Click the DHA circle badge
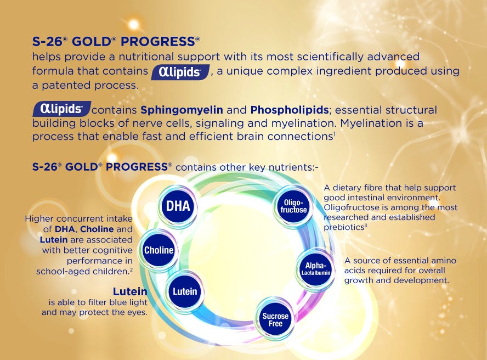pyautogui.click(x=178, y=206)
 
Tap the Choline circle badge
pyautogui.click(x=158, y=250)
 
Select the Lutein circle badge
pyautogui.click(x=185, y=291)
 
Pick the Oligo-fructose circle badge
pyautogui.click(x=293, y=206)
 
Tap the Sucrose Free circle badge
pyautogui.click(x=275, y=319)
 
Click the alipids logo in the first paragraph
pyautogui.click(x=180, y=72)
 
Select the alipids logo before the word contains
pyautogui.click(x=62, y=109)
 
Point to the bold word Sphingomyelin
pyautogui.click(x=182, y=110)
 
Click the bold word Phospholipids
pyautogui.click(x=290, y=110)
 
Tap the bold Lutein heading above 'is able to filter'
pyautogui.click(x=130, y=291)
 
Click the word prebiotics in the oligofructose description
pyautogui.click(x=344, y=227)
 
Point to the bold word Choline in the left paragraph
pyautogui.click(x=97, y=229)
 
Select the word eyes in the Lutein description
pyautogui.click(x=137, y=312)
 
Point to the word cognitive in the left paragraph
pyautogui.click(x=113, y=250)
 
